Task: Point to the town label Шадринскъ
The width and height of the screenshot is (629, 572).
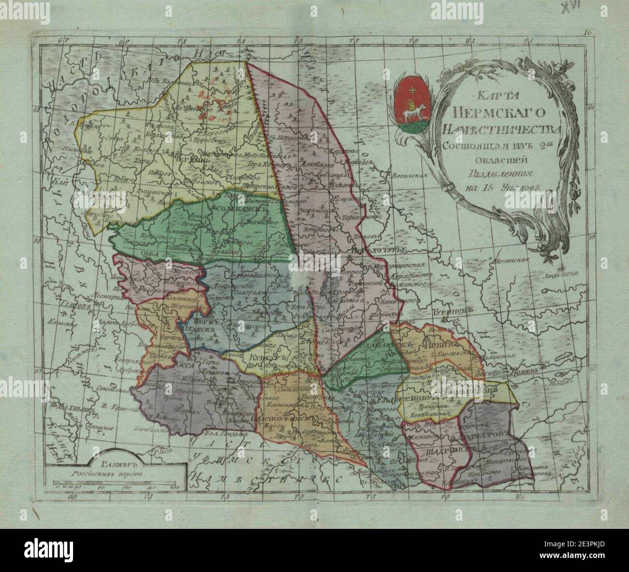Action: point(436,450)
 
